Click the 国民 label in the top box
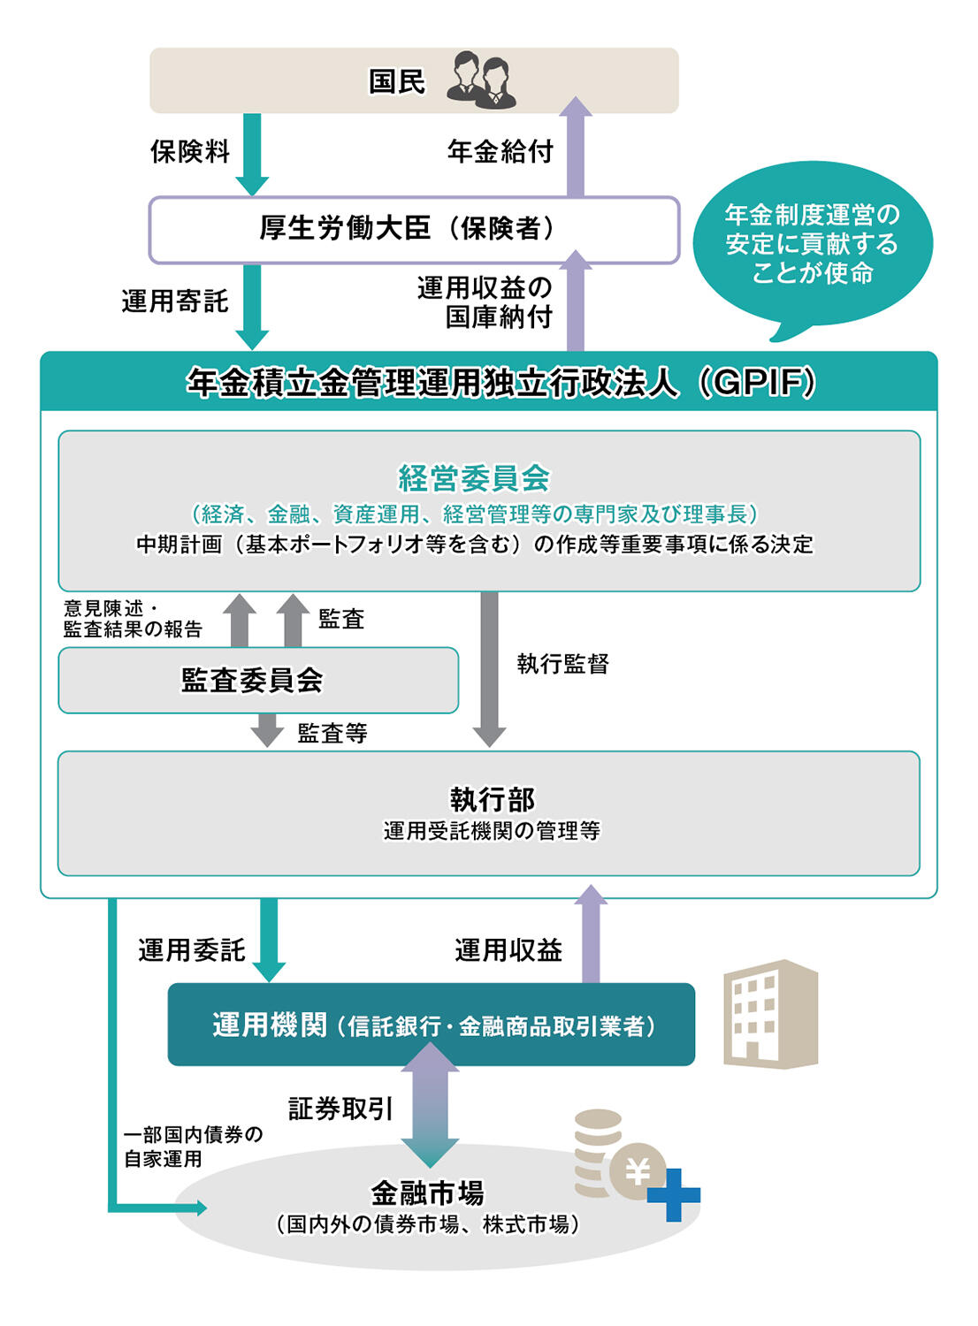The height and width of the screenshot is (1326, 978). point(397,81)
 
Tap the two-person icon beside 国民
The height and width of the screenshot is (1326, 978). point(481,80)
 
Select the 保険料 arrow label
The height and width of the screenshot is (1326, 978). point(190,151)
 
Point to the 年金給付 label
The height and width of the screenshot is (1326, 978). point(500,151)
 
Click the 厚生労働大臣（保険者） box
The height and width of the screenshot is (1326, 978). point(414,230)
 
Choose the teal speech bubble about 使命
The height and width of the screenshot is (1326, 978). point(813,248)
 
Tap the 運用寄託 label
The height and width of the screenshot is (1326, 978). point(175,301)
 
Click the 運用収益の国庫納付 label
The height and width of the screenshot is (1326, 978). point(485,302)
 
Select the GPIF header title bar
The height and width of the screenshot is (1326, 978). point(489,381)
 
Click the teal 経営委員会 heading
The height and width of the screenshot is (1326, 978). point(474,478)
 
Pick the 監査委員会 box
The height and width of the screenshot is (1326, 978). point(258,680)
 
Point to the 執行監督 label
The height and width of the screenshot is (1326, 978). point(563,664)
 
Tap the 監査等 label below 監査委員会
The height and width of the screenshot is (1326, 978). point(332,734)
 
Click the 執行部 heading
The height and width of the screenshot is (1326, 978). point(492,800)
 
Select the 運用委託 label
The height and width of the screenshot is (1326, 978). point(192,950)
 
